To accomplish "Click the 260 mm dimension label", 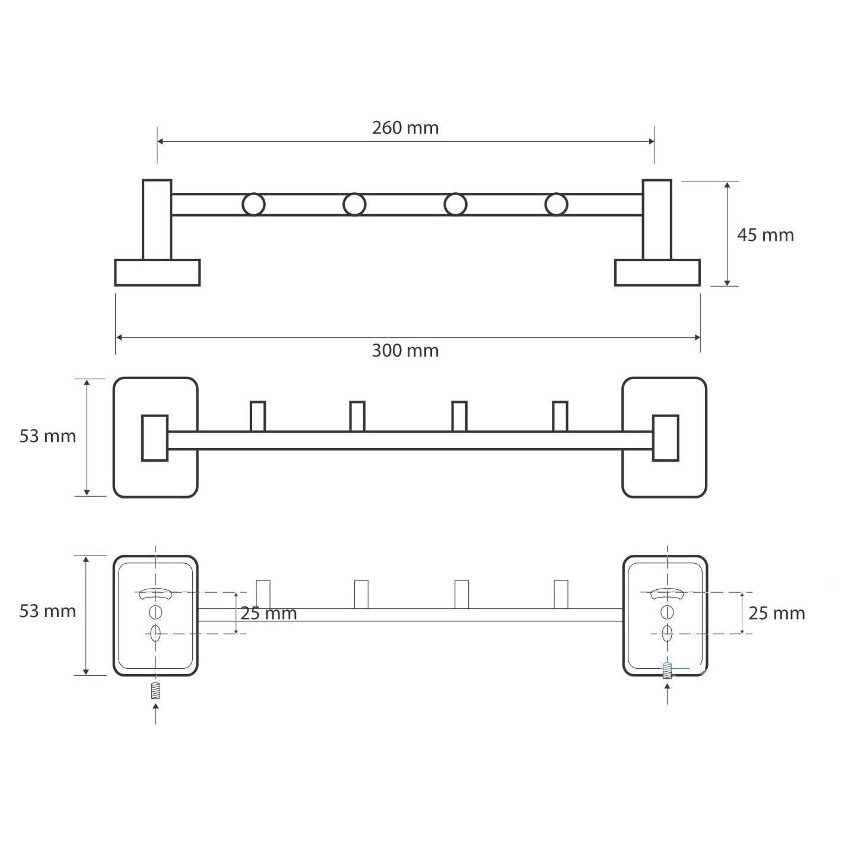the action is [x=405, y=128].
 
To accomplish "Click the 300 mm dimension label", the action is [x=405, y=351].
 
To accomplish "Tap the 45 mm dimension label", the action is [x=765, y=236].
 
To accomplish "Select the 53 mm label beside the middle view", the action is [x=47, y=436].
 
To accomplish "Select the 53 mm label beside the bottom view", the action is [x=47, y=611].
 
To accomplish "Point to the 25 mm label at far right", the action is [x=777, y=614].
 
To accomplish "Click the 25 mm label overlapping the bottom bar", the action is [x=268, y=614].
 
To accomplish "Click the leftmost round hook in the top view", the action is [x=253, y=204].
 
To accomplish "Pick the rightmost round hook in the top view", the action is [x=556, y=204].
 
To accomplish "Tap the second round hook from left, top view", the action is [x=354, y=204].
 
